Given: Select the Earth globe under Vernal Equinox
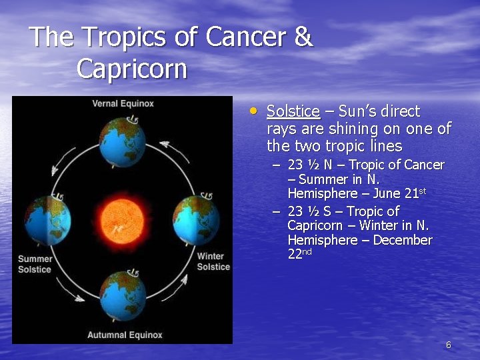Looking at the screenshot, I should click(x=122, y=142).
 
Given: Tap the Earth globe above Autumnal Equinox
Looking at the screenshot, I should click(x=122, y=295).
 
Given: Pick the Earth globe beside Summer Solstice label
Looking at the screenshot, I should click(x=48, y=220).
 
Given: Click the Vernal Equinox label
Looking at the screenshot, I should click(x=123, y=103).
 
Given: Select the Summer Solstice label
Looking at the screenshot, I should click(x=35, y=264).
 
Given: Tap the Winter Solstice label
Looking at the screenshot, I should click(x=213, y=261).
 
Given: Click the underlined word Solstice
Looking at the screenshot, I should click(x=293, y=111).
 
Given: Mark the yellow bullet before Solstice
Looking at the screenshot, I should click(x=253, y=111).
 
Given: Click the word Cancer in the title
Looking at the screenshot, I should click(x=245, y=37).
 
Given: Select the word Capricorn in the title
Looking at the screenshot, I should click(x=131, y=69).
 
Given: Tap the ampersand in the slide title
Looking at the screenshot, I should click(x=303, y=37).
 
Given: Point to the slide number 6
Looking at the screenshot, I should click(x=448, y=345).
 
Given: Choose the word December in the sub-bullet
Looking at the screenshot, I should click(x=403, y=240).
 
